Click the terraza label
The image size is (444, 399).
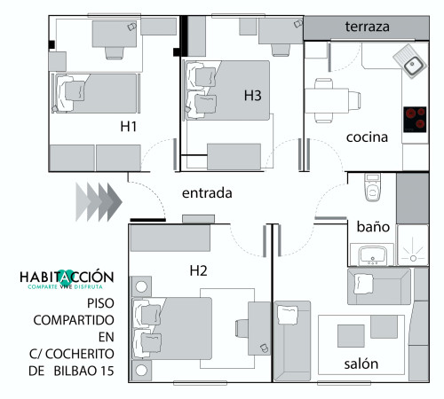point(367,27)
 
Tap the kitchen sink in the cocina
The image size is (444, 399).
point(411,61)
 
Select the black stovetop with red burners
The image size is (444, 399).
point(415,120)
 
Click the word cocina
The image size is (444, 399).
point(367,137)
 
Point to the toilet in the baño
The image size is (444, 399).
point(373,187)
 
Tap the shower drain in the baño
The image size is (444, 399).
point(413,258)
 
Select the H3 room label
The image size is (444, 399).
point(252,96)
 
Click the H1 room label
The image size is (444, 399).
point(129,127)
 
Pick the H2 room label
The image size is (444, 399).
point(198,270)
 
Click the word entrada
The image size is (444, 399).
point(207,193)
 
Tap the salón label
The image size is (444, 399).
point(361,364)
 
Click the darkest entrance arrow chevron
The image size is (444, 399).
point(115,202)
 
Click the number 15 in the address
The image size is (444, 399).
point(107,371)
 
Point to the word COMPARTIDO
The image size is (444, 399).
point(74,320)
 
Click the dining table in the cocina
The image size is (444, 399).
point(327,100)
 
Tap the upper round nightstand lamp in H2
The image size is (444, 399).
point(141,286)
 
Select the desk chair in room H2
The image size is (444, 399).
point(242,328)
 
